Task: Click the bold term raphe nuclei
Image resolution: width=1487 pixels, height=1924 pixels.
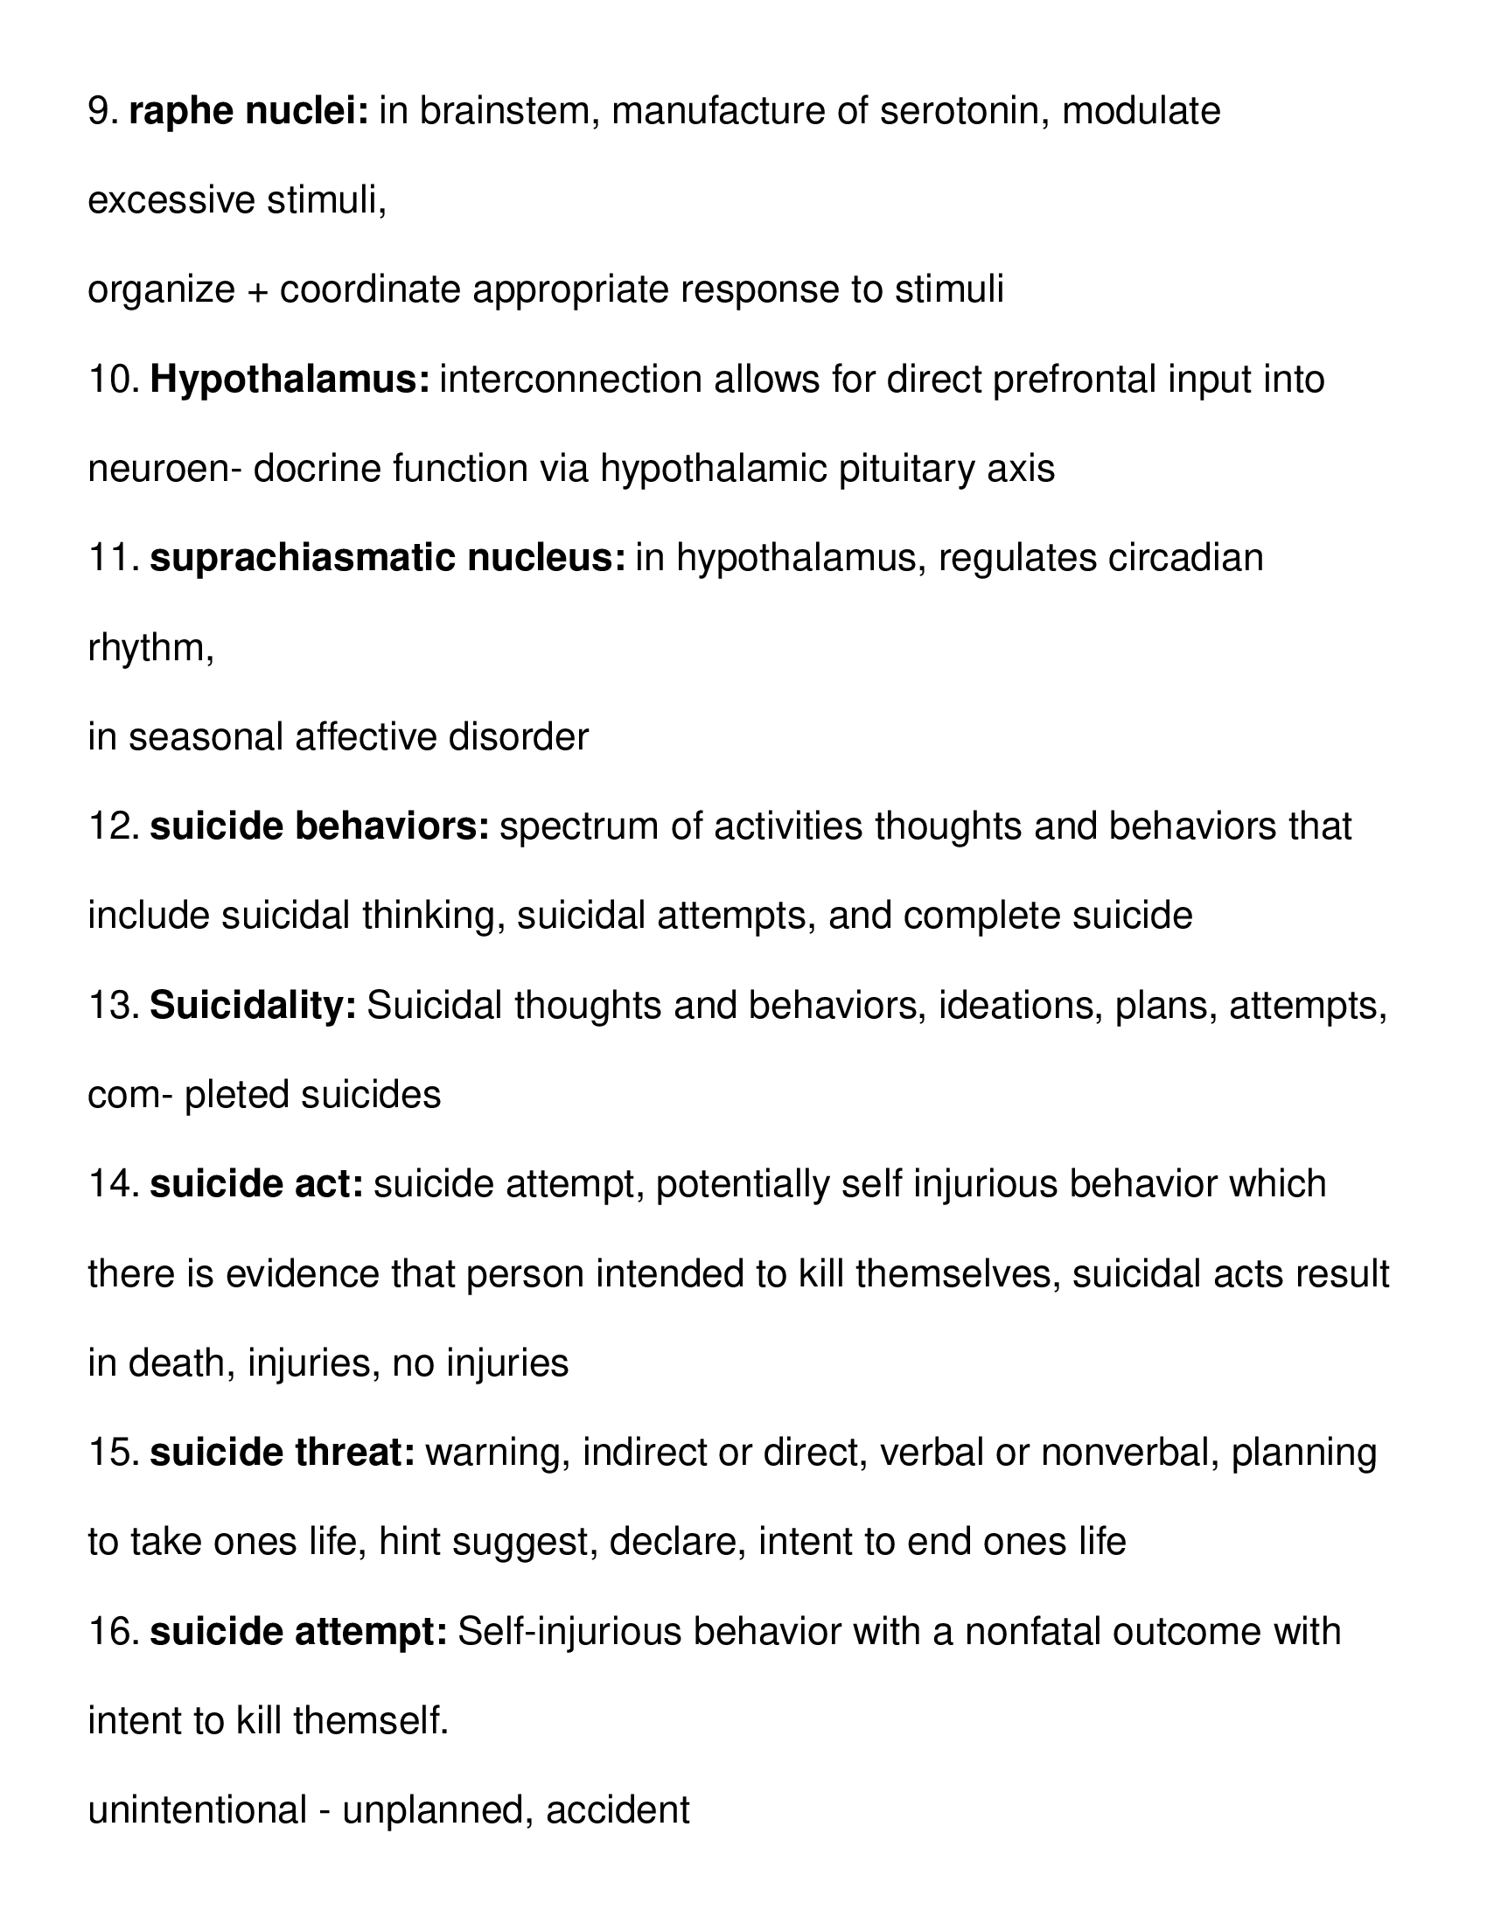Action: [248, 112]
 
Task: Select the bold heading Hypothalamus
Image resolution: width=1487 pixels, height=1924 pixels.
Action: [290, 380]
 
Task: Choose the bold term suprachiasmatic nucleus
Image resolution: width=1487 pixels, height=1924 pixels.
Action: [387, 559]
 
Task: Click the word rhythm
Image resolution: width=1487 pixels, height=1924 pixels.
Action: [147, 648]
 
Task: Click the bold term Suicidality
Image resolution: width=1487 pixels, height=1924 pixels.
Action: [253, 1006]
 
